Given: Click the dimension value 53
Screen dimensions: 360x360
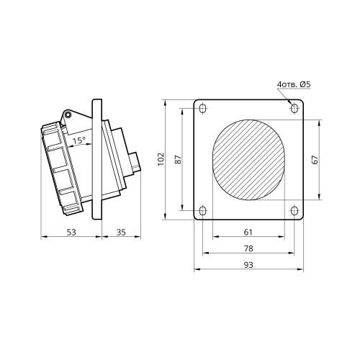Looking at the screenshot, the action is click(x=71, y=232).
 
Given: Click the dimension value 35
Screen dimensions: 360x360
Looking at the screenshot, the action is click(x=121, y=232).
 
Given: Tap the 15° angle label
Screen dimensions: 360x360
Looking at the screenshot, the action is click(x=79, y=140).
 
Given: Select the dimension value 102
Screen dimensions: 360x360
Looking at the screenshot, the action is click(x=161, y=159).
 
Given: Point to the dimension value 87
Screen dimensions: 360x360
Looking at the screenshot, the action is click(x=178, y=159).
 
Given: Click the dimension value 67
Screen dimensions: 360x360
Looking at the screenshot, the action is click(x=315, y=160).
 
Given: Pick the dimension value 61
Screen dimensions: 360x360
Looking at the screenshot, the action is click(x=248, y=232).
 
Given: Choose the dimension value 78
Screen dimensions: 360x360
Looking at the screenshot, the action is click(x=248, y=248).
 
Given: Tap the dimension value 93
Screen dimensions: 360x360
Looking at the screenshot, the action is click(x=248, y=265).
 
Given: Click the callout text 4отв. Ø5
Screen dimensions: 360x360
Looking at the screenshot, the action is click(x=294, y=84).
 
